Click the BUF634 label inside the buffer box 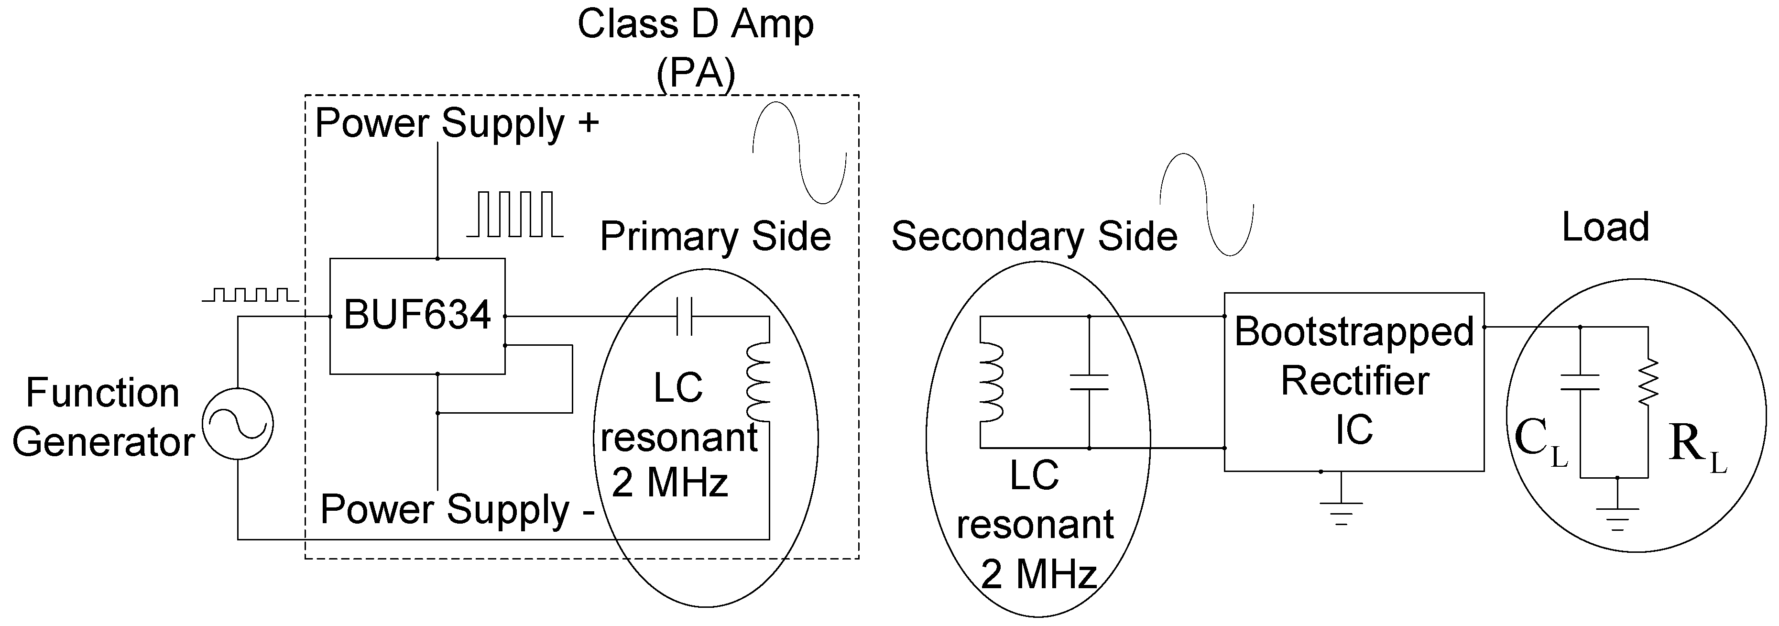pos(416,315)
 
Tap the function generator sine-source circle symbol pos(238,424)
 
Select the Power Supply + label pos(457,124)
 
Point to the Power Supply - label pos(457,510)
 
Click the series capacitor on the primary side pos(684,317)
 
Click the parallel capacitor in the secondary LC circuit pos(1089,382)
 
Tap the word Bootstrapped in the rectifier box pos(1353,332)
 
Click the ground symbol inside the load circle pos(1617,517)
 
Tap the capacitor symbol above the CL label pos(1580,382)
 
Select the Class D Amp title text pos(696,24)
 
